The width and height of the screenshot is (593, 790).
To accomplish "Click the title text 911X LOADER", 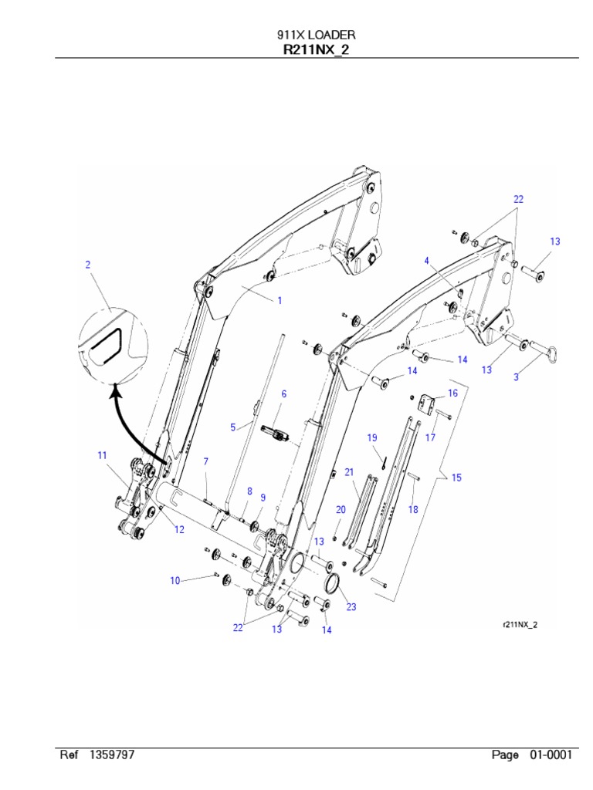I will tap(317, 35).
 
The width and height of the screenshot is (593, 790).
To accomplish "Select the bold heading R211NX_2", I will tap(317, 50).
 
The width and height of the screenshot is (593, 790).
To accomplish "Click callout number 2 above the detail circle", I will tap(88, 265).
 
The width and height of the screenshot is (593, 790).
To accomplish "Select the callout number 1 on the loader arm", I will tap(280, 301).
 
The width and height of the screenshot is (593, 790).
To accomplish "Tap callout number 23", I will tap(351, 607).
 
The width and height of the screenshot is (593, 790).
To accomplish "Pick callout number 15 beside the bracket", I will tap(456, 478).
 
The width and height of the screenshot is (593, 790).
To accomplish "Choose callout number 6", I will tap(283, 393).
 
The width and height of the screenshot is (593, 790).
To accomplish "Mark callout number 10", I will tap(175, 580).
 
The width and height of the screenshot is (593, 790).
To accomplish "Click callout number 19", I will tap(372, 437).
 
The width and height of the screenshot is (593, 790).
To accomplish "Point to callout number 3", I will tap(517, 377).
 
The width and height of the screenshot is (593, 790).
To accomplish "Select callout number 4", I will tap(425, 261).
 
